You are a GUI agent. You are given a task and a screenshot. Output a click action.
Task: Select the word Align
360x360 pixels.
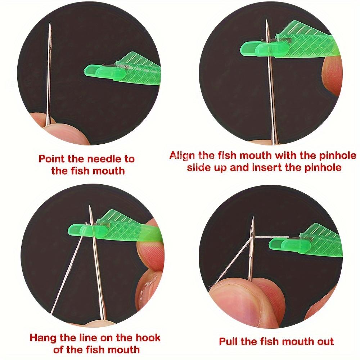(x=183, y=156)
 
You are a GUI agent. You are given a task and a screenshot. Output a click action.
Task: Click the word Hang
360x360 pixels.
(x=43, y=338)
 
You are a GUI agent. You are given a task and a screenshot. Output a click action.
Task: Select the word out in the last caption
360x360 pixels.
(x=324, y=341)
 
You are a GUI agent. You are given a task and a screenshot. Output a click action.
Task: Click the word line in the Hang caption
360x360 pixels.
(x=93, y=338)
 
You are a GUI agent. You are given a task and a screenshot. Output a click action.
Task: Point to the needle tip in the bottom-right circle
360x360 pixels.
(x=253, y=219)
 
